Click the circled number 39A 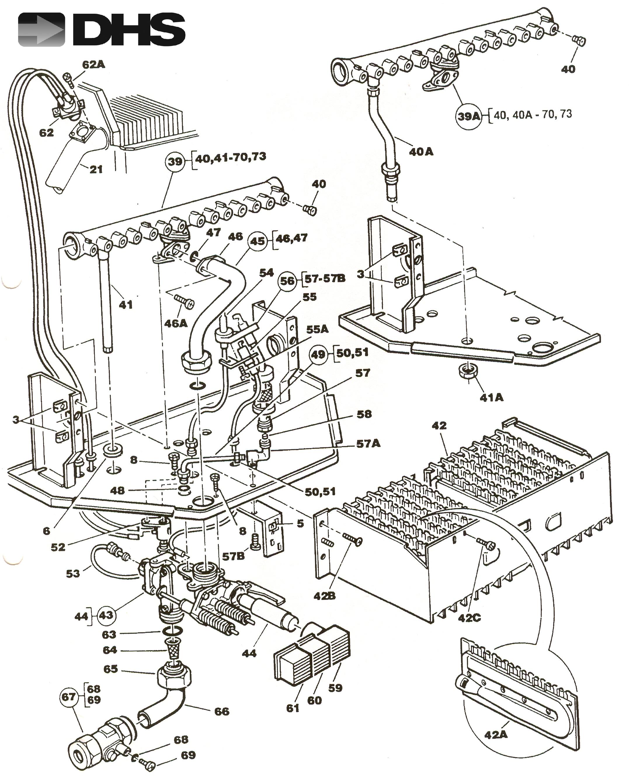468,116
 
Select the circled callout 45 258,241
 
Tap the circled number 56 288,281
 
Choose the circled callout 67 69,697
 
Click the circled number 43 106,615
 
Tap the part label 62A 93,65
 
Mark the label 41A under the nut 491,398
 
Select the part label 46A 176,323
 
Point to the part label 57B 233,556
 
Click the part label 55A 317,329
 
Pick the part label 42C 469,617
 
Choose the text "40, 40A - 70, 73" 533,114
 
